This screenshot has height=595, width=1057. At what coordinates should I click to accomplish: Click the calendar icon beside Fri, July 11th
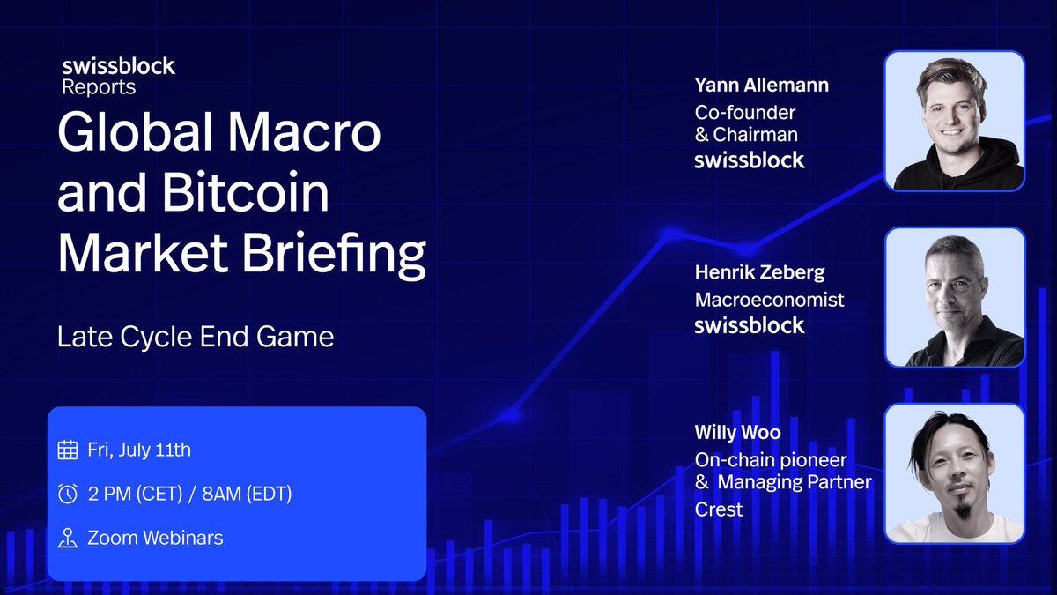pos(68,450)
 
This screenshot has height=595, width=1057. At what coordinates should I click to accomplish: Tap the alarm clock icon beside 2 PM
pos(68,494)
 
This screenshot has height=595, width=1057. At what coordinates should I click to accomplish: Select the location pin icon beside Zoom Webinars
pos(68,538)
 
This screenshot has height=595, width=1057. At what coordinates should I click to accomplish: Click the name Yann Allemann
pos(762,85)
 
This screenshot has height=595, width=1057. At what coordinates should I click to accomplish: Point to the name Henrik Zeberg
pos(759,272)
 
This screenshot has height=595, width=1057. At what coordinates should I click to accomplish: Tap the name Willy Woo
pos(737,432)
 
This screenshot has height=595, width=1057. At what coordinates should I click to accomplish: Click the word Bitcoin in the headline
pos(246,192)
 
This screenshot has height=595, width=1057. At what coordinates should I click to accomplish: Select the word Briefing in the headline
pos(334,255)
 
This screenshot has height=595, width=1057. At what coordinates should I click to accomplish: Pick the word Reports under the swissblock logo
pos(99,88)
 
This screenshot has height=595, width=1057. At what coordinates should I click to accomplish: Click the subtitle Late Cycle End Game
pos(196,337)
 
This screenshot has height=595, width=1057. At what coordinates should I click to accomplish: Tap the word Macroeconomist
pos(769,300)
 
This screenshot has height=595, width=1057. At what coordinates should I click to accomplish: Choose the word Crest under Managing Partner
pos(719,509)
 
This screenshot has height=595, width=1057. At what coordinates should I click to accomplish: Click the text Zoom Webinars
pos(155,538)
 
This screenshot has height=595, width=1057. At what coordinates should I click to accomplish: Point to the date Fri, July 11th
pos(139,450)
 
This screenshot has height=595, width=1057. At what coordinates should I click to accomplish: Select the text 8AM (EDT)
pos(247,494)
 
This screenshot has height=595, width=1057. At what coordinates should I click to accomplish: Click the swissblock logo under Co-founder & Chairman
pos(750,160)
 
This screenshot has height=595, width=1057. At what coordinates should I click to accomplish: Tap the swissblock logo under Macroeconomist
pos(750,325)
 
